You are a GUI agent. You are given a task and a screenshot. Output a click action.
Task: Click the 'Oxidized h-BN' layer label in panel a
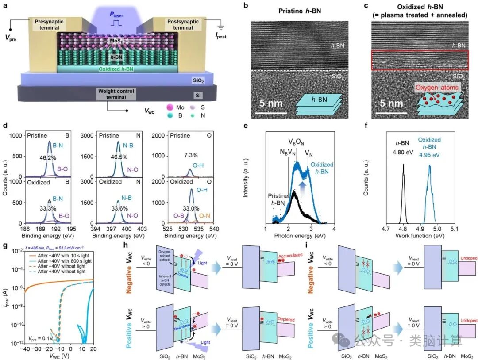click(116, 69)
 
